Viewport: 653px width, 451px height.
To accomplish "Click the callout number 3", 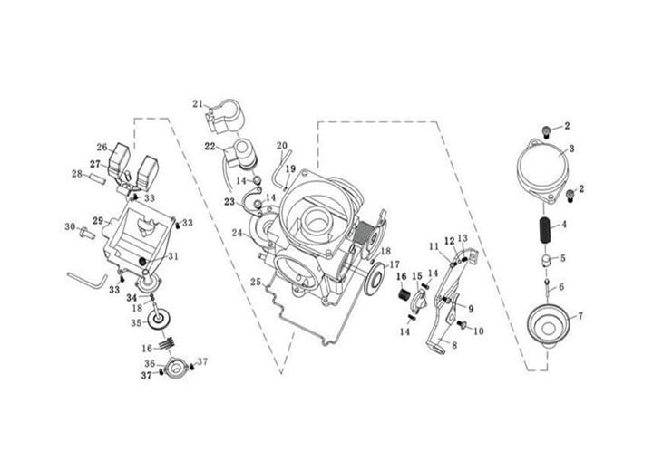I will tap(572, 148).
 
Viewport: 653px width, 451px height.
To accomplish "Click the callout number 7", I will tap(580, 315).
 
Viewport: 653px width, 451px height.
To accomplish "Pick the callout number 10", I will tap(478, 331).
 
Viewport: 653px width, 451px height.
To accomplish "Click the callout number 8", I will tap(454, 345).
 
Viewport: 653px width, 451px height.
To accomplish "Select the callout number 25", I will tap(256, 283).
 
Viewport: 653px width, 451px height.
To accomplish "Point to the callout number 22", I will tap(209, 146).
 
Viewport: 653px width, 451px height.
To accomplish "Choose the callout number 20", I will tap(281, 145).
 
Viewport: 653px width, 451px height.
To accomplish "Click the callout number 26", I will tap(102, 147).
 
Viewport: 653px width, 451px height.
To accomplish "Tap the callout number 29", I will tap(98, 220).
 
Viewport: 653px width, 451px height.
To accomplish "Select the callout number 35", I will tap(136, 321).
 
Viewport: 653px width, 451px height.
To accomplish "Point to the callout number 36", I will tap(150, 364).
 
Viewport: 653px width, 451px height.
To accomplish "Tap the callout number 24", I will tap(236, 233).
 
